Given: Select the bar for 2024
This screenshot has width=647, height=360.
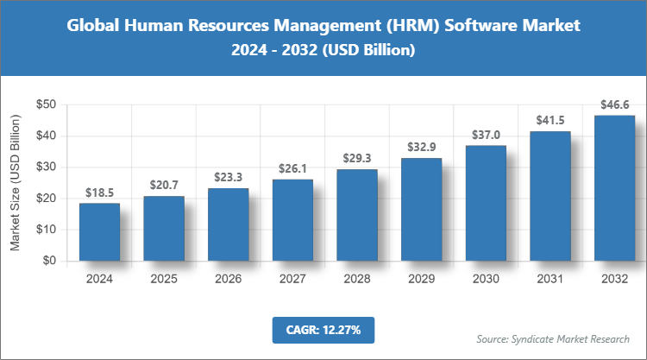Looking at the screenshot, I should click(x=99, y=231).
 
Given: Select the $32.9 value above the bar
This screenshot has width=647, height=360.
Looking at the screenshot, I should click(x=421, y=148).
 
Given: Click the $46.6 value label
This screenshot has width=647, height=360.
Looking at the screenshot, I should click(x=614, y=105).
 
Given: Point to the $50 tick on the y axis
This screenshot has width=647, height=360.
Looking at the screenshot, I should click(x=46, y=104).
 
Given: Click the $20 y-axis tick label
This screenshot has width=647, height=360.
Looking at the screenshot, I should click(x=46, y=199).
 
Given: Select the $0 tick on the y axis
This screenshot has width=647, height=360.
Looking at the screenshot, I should click(x=49, y=261).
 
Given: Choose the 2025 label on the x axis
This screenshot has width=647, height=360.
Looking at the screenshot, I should click(x=164, y=279).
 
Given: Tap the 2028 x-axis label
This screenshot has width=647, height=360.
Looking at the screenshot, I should click(x=357, y=279).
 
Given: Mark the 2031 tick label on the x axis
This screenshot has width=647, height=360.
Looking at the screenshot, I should click(x=550, y=279).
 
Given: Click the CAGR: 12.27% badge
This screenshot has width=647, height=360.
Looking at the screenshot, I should click(x=323, y=329).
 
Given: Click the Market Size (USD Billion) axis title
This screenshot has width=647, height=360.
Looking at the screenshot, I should click(x=16, y=182).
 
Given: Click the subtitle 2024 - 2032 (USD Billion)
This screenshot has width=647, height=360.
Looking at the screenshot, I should click(x=323, y=51).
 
